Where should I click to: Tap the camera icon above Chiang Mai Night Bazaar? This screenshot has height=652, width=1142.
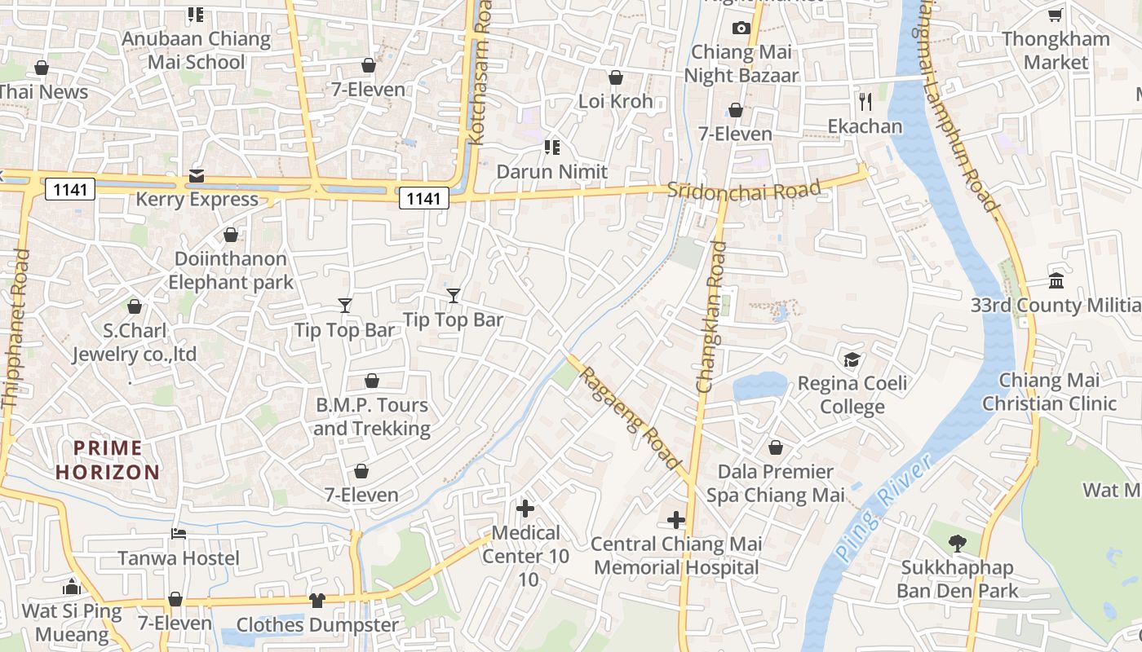tap(741, 28)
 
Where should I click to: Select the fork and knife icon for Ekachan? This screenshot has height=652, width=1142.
tap(865, 102)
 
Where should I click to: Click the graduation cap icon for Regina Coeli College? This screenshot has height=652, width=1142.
tap(852, 359)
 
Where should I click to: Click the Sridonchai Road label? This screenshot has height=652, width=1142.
tap(743, 190)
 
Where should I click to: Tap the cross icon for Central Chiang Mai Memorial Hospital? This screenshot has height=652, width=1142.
tap(676, 520)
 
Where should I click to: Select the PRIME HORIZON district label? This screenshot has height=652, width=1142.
tap(108, 460)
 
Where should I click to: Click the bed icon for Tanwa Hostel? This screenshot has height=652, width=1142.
tap(179, 534)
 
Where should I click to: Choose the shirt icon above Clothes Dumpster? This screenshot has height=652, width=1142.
tap(317, 601)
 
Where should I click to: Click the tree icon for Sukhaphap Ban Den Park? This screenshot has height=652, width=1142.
tap(957, 543)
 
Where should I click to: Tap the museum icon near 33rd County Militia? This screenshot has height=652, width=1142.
tap(1056, 281)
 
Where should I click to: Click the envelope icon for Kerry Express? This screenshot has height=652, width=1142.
tap(197, 175)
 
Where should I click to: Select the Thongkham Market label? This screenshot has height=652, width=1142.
tap(1056, 51)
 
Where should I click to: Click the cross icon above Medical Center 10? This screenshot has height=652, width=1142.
tap(525, 509)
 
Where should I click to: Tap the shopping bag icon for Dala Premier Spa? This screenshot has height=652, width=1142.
tap(775, 448)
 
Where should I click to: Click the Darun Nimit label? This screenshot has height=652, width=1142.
tap(552, 172)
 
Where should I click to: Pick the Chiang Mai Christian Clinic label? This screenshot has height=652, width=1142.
tap(1049, 392)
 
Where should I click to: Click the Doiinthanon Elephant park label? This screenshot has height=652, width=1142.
tap(231, 271)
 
